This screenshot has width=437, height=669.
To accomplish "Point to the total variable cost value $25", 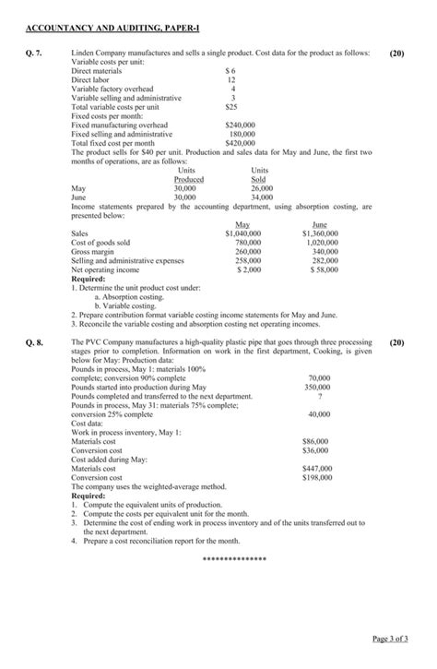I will pos(232,107).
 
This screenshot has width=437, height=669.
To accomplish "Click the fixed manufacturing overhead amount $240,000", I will pos(240,124).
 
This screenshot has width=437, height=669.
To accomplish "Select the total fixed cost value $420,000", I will pos(240,143).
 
